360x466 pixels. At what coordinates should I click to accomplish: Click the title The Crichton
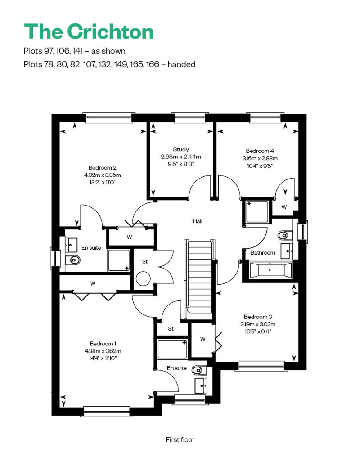coord(89,31)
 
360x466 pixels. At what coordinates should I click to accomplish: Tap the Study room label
coord(181,149)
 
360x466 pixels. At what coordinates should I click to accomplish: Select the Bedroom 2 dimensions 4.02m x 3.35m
coord(102,175)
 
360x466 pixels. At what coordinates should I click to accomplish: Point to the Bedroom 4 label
coord(260,151)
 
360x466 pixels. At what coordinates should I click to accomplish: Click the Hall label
coord(198,221)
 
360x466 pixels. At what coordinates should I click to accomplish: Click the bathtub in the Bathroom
coord(270,270)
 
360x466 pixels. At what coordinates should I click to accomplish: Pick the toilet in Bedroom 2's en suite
coord(72,260)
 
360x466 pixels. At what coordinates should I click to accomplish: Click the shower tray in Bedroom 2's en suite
coord(119,260)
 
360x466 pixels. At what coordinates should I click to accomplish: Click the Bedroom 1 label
coord(103,344)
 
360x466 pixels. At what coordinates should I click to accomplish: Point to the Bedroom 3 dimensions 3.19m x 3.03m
coord(258,324)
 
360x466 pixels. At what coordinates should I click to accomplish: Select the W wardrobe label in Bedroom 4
coord(284,207)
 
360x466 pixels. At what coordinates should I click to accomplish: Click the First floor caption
coord(180,439)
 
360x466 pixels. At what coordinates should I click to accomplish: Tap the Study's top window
coord(189,118)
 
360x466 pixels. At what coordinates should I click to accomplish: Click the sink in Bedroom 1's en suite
coord(201,385)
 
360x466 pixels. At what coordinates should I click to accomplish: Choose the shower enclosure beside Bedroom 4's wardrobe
coord(256,211)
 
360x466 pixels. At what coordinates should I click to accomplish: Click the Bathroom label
coord(262,253)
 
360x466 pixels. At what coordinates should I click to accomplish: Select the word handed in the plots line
coord(181,64)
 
